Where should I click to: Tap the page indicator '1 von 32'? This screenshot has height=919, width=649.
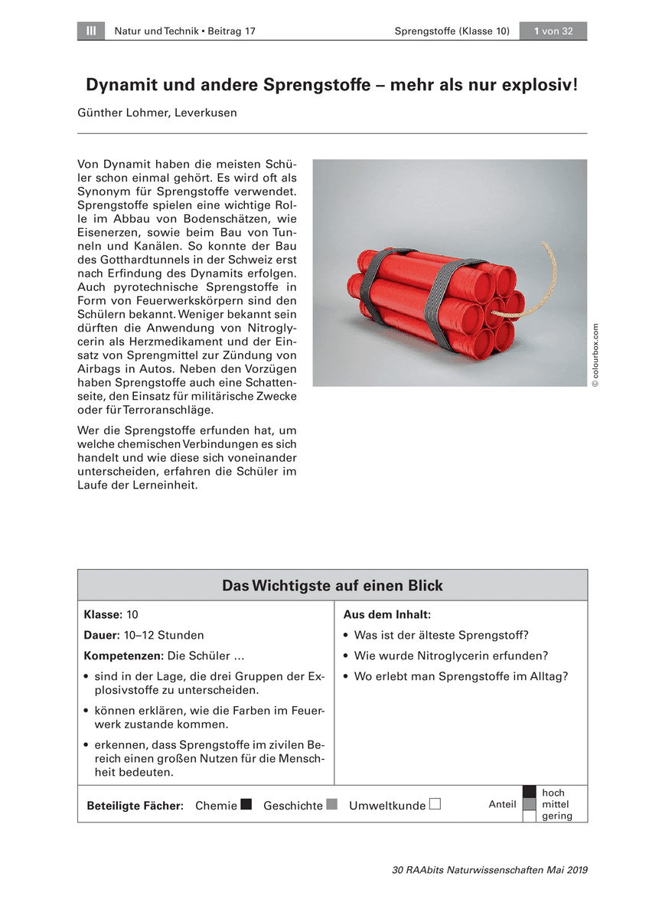pyautogui.click(x=553, y=31)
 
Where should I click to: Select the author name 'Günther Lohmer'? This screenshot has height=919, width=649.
pyautogui.click(x=123, y=113)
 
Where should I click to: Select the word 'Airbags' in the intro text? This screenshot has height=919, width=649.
pyautogui.click(x=99, y=369)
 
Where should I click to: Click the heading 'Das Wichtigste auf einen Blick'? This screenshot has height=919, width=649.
pyautogui.click(x=332, y=586)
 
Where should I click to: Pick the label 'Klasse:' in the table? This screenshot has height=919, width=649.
pyautogui.click(x=103, y=615)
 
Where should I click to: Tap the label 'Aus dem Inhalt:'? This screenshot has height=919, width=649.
pyautogui.click(x=387, y=615)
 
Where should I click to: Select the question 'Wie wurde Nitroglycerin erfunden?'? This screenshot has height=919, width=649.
pyautogui.click(x=451, y=656)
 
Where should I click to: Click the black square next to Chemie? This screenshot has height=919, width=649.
pyautogui.click(x=246, y=805)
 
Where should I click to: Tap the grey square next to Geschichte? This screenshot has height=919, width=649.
pyautogui.click(x=331, y=805)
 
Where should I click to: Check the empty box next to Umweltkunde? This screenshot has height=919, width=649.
pyautogui.click(x=435, y=805)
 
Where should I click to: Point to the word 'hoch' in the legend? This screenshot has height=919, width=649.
pyautogui.click(x=553, y=793)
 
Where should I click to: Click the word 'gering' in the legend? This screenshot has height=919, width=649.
pyautogui.click(x=557, y=816)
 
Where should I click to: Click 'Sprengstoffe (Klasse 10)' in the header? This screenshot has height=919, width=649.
pyautogui.click(x=452, y=31)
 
